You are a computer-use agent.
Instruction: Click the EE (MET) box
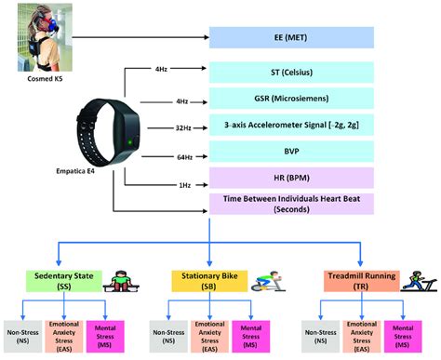pyautogui.click(x=290, y=37)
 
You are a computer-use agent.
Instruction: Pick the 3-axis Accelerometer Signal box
pyautogui.click(x=290, y=126)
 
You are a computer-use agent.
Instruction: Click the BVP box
pyautogui.click(x=290, y=151)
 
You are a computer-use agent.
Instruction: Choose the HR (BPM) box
pyautogui.click(x=290, y=176)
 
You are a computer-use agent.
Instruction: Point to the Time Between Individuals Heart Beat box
pyautogui.click(x=290, y=203)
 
